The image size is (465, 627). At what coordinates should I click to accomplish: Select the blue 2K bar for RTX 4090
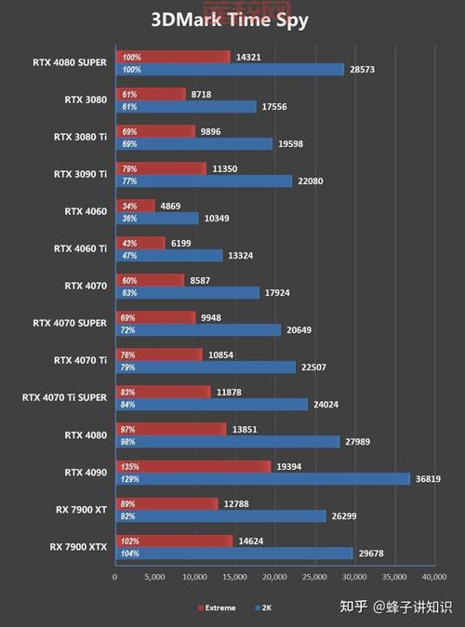pos(261,478)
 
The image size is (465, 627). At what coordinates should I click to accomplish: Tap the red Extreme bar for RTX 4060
pos(135,206)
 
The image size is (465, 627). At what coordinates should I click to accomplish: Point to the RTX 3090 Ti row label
pos(81,174)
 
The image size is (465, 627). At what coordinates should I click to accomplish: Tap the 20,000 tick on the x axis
pos(274,577)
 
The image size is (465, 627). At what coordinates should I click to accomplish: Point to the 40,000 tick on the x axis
pos(434,577)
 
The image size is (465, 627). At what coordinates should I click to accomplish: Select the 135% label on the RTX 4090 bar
pos(130,466)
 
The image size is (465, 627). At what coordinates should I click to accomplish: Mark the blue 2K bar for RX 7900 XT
pos(219,515)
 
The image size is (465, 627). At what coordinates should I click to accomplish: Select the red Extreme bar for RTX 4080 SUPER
pos(172,57)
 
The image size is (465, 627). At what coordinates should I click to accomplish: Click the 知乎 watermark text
pos(353,607)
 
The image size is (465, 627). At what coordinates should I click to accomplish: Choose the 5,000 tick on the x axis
pos(154,577)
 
